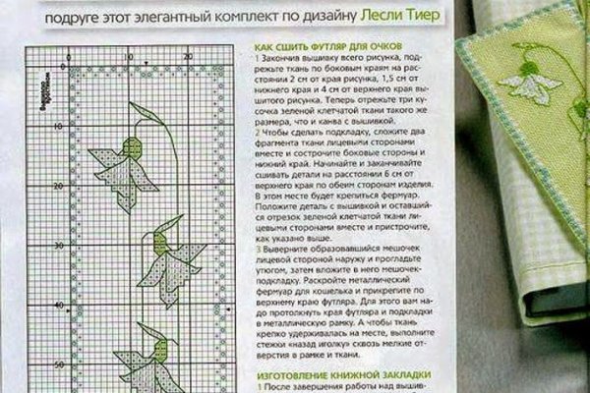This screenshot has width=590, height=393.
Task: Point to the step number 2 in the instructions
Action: pos(257,131)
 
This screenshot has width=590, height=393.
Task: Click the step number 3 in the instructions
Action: pos(257,249)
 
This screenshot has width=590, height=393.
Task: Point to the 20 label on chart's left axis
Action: pos(59,185)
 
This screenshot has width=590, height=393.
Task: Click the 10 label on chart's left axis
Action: pos(59,124)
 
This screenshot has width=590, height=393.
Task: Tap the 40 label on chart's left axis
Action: pos(59,305)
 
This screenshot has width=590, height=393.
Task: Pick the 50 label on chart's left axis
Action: pos(59,365)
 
